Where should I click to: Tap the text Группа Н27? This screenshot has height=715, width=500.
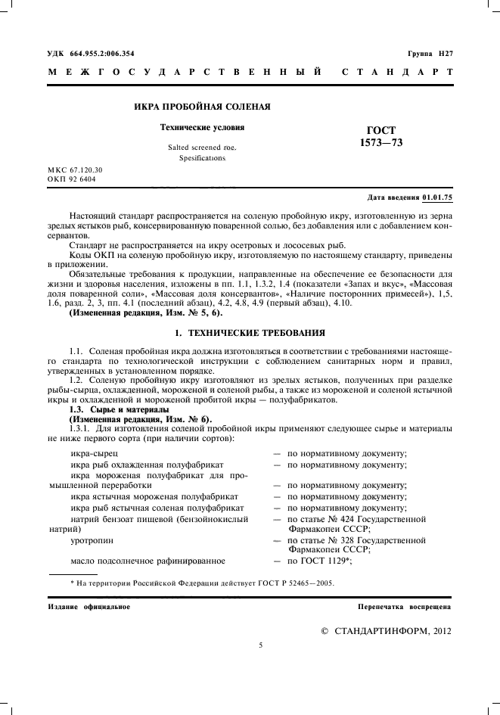[x=430, y=54]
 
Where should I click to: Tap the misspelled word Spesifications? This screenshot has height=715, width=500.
[x=202, y=160]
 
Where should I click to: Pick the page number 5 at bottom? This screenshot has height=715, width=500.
[x=259, y=645]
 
